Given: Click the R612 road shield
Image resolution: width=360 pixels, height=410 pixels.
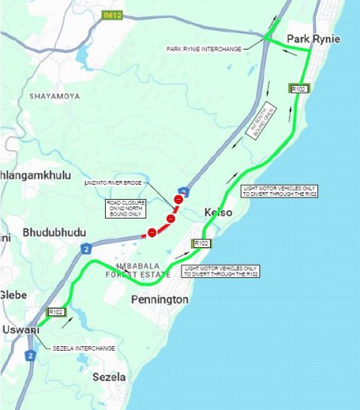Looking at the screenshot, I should pos(112,14).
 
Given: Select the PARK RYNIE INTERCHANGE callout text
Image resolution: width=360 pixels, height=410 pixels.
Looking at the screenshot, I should pos(204,50).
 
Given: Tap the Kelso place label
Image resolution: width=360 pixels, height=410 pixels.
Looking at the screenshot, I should pos(218,213).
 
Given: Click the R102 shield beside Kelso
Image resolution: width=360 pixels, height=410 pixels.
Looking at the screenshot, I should pos(201,244).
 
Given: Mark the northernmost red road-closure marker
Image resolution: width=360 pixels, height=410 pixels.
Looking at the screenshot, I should pos(178,200).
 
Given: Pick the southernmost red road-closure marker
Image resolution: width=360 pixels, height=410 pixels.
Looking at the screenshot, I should pos(151,233).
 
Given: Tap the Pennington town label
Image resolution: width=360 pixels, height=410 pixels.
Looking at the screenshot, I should pos(159,300).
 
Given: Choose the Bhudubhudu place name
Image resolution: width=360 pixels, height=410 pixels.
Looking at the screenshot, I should pos(54,232).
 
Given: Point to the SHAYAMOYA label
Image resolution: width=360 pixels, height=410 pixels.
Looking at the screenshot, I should pos(54,97).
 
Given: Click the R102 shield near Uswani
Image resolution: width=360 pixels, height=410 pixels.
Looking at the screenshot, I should pos(55,312).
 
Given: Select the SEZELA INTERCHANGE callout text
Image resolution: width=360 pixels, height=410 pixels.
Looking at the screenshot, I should pos(85,348).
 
